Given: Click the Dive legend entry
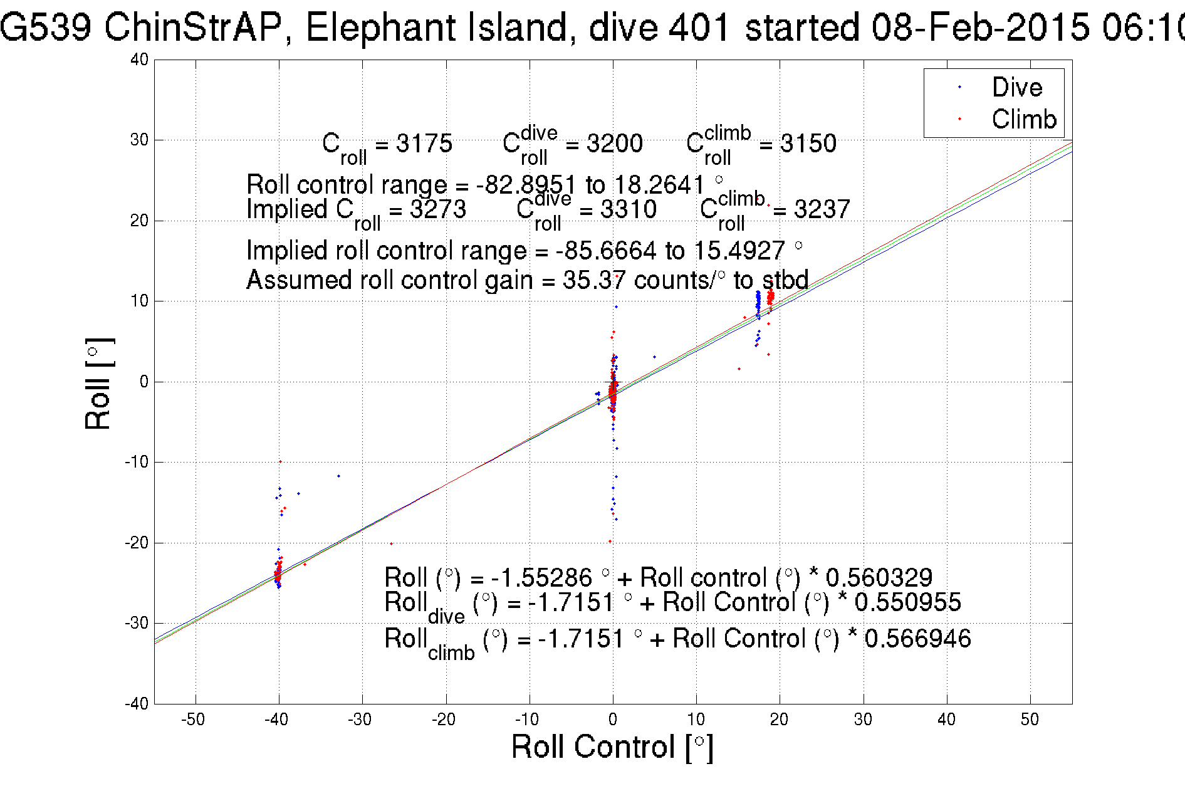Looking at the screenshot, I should click(x=1016, y=87).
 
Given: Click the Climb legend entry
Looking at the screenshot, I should click(x=1023, y=119).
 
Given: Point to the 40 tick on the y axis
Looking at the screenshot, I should click(x=139, y=60).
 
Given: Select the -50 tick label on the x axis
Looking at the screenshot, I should click(x=193, y=720).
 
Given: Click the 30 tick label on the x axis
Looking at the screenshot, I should click(x=863, y=720).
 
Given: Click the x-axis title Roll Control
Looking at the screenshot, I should click(x=612, y=747).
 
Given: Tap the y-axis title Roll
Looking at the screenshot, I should click(x=98, y=384).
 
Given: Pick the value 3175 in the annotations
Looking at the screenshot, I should click(x=424, y=144).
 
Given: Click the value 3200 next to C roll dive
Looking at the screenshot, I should click(x=615, y=144).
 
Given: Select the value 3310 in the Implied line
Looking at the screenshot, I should click(x=629, y=209).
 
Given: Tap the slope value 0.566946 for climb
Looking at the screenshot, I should click(x=917, y=639).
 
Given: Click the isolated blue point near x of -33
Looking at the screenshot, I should click(x=339, y=476).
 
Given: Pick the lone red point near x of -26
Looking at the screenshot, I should click(x=392, y=543).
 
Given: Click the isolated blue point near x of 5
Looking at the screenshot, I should click(x=655, y=357).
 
